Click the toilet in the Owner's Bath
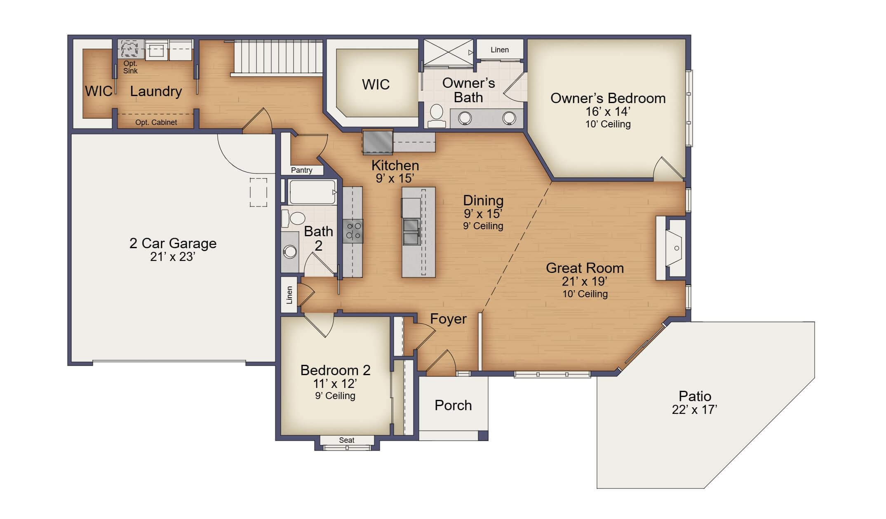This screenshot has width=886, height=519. (x=436, y=116)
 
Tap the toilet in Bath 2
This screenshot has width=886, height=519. (x=293, y=218)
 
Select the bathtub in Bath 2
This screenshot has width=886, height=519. (x=313, y=192)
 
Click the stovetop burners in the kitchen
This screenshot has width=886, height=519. (x=353, y=231)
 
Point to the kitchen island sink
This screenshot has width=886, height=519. (x=411, y=232)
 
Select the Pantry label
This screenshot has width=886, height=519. (x=301, y=170)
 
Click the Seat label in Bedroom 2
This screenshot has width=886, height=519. (x=347, y=440)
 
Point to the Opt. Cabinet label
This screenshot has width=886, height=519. (x=156, y=122)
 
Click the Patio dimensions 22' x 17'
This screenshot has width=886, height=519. (x=695, y=410)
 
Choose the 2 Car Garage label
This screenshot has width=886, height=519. (x=173, y=243)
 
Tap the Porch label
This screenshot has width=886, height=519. (x=453, y=405)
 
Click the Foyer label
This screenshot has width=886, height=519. (x=448, y=319)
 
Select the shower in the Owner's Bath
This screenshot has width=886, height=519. (x=449, y=53)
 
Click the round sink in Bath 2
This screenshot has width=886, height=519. (x=290, y=251)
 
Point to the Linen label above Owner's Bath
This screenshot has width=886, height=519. (x=500, y=50)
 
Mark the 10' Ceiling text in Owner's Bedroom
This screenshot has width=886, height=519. (x=608, y=124)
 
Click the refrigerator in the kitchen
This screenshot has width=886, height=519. (x=378, y=142)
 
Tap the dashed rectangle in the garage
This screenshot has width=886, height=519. (x=259, y=193)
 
